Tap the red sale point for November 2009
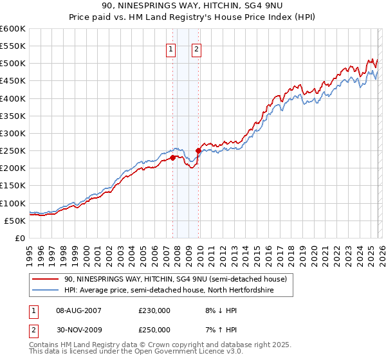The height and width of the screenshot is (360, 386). point(198,150)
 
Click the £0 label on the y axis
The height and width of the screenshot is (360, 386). point(19,238)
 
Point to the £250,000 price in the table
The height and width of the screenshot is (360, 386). point(154,330)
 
